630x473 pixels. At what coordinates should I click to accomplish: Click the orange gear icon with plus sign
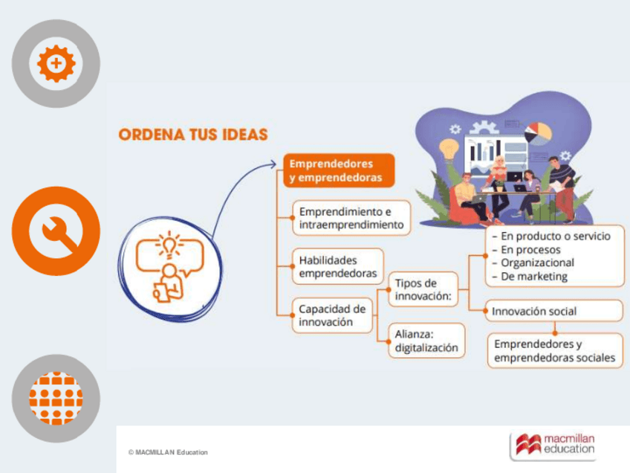56,63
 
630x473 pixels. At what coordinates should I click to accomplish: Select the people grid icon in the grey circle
56,399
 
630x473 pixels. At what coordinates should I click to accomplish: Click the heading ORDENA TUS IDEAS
193,135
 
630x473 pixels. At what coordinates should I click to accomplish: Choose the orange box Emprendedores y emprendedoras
339,170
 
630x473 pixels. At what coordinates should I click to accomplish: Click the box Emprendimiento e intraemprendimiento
351,218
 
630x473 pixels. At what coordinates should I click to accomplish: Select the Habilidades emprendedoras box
337,267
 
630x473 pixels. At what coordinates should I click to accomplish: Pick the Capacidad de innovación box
332,315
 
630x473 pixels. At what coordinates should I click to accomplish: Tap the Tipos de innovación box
423,289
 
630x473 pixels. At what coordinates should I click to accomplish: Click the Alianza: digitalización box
426,341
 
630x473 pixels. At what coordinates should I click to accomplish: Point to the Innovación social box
554,311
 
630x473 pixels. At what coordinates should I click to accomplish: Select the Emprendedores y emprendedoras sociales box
554,351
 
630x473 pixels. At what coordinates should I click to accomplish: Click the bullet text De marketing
530,277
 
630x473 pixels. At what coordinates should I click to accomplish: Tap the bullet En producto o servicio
551,236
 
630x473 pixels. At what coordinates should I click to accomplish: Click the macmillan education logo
554,445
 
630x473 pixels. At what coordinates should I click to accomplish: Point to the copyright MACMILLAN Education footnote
168,452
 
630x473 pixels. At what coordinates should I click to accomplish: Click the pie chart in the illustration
538,133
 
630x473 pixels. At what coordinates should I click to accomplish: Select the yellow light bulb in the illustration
449,149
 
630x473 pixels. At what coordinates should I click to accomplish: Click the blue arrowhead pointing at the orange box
272,164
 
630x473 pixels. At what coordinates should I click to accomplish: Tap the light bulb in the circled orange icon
169,245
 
